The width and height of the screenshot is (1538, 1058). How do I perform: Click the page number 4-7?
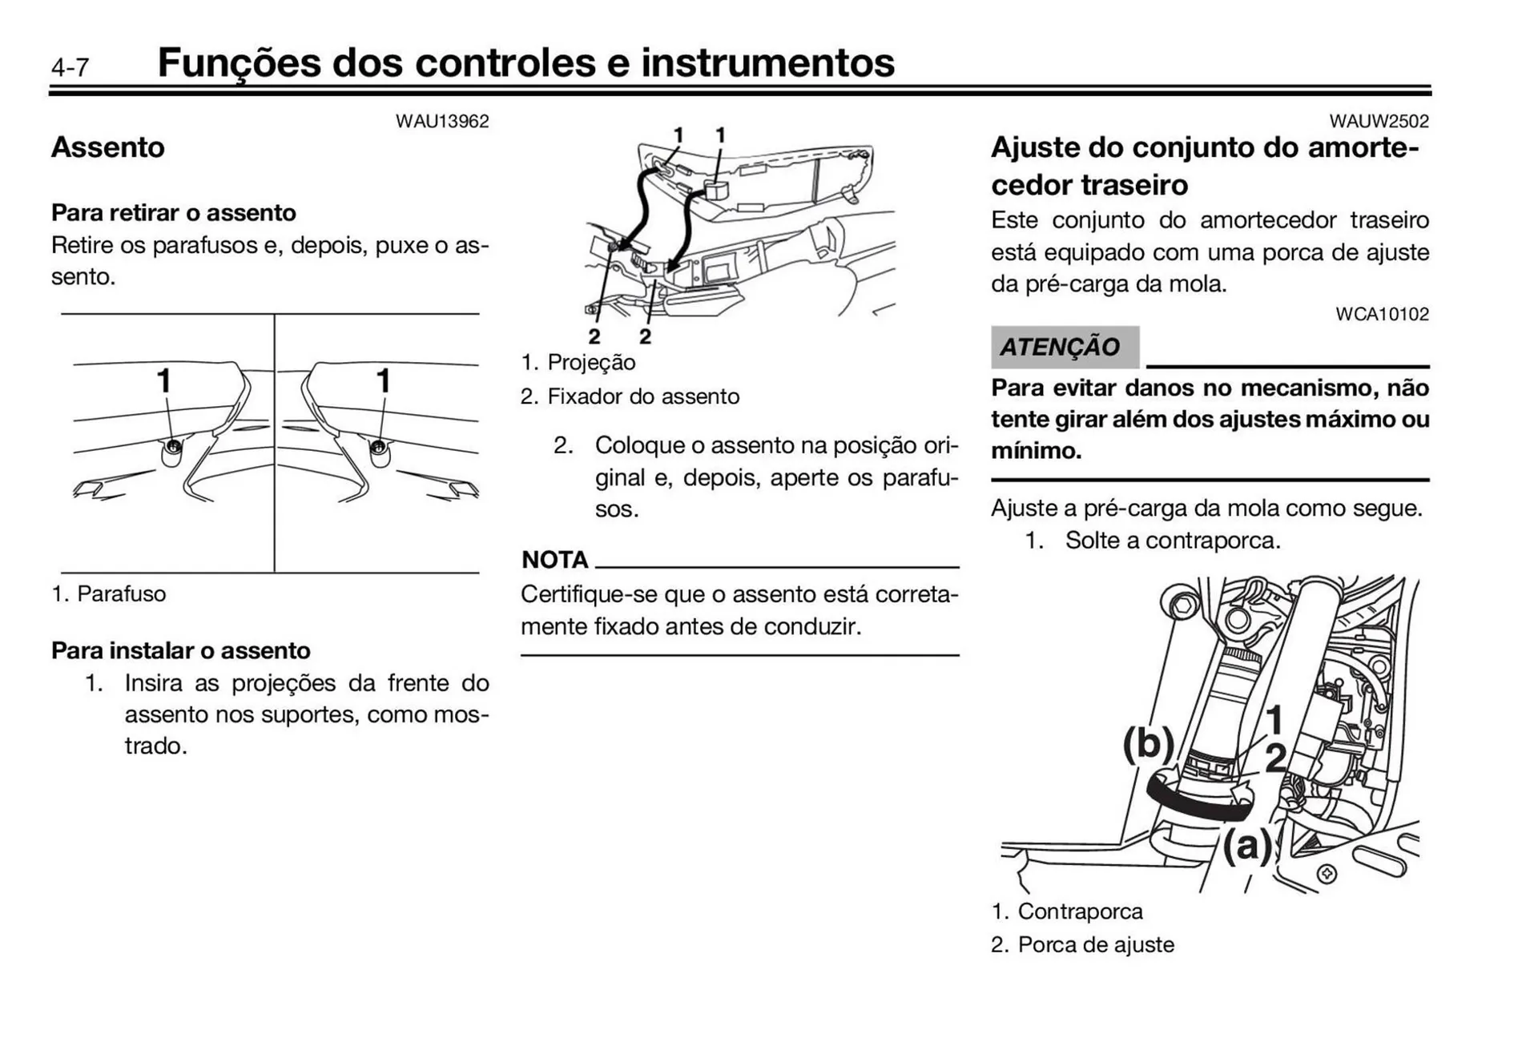[x=70, y=67]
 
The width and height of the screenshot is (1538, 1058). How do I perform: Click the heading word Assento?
[x=108, y=147]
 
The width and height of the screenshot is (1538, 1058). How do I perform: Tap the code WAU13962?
[x=442, y=122]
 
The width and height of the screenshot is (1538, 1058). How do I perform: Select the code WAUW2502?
[x=1379, y=122]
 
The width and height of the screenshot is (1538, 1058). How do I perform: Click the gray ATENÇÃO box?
[x=1064, y=347]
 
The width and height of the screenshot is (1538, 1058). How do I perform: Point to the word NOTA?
[x=554, y=559]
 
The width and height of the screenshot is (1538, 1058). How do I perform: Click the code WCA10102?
[x=1382, y=314]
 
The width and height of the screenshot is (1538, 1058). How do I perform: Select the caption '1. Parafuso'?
[x=109, y=593]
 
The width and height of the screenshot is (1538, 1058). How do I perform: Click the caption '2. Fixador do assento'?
[x=630, y=396]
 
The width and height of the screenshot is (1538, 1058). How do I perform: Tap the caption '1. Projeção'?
[x=578, y=362]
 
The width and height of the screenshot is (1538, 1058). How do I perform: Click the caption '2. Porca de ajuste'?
[x=1083, y=944]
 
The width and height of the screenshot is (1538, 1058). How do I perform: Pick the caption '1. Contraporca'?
[x=1067, y=911]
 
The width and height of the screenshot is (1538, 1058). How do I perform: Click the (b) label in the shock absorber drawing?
[x=1147, y=742]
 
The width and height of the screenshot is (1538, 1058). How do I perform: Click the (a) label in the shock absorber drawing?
[x=1246, y=845]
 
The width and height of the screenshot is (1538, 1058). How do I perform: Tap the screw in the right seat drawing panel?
[x=378, y=446]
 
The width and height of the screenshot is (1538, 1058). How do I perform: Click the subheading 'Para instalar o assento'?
[x=181, y=650]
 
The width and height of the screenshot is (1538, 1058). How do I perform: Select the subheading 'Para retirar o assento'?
[x=174, y=212]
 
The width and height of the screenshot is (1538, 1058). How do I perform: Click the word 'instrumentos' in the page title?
[x=767, y=62]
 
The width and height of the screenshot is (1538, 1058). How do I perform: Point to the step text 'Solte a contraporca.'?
[x=1173, y=541]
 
